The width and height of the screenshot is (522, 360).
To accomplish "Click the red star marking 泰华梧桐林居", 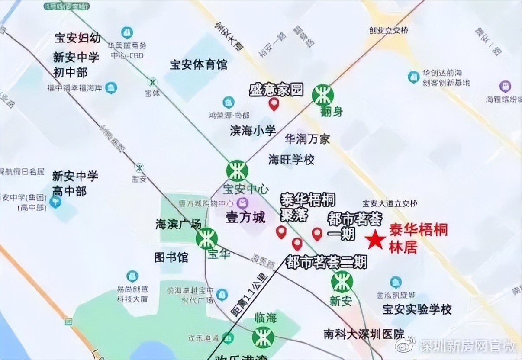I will point(375,240).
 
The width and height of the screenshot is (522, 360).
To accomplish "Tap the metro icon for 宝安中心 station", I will point(237,170).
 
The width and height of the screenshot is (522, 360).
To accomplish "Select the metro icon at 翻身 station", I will point(322,95).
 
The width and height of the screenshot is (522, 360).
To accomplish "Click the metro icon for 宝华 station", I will point(206,238).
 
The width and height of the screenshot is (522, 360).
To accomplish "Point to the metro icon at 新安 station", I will point(342,282).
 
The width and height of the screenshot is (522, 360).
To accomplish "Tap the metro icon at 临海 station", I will point(263,337).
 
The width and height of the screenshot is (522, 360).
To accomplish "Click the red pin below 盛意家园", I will point(274,104).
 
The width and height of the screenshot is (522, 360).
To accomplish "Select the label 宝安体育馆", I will point(198,65).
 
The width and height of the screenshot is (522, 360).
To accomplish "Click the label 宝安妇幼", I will point(77,38).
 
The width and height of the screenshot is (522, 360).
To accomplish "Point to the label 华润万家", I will point(307,139).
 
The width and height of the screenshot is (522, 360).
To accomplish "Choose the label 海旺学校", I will point(291,159).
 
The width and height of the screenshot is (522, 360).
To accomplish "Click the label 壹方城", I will point(245,217).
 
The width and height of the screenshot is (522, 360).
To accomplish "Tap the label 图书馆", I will point(171,257).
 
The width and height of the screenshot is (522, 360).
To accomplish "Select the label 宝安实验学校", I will point(417,309).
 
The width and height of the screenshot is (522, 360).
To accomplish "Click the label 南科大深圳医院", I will point(364,334).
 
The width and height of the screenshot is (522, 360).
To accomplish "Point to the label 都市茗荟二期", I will point(326,262).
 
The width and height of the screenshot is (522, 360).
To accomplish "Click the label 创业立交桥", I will point(388,30).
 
